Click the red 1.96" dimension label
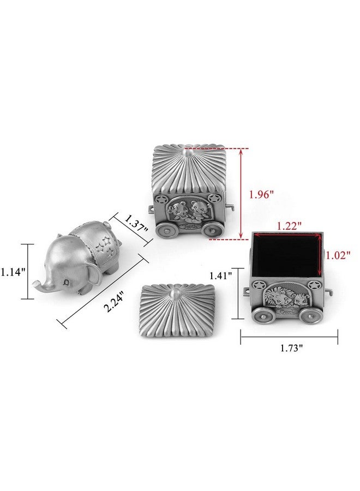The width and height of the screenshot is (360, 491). tap(261, 194)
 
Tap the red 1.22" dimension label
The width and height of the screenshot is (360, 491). tap(289, 225)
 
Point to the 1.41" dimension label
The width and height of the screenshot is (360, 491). tap(221, 276)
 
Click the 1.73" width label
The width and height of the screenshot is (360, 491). tap(291, 348)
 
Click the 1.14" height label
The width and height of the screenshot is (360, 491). tap(13, 272)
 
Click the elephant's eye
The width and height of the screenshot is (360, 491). tap(67, 283)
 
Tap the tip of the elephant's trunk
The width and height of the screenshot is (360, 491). tap(35, 284)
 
